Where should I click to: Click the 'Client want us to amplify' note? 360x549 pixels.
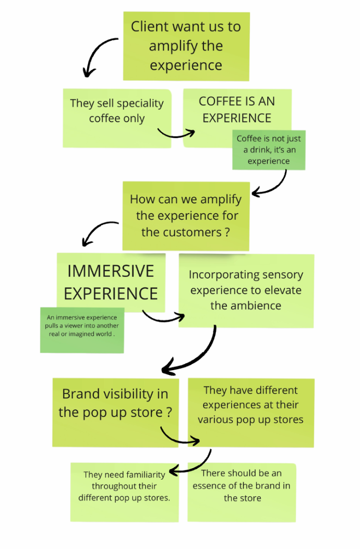(x=186, y=46)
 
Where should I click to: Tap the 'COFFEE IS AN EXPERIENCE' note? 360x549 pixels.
(x=237, y=109)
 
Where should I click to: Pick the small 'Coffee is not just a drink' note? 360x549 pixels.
(x=269, y=150)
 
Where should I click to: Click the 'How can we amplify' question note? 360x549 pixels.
(x=185, y=215)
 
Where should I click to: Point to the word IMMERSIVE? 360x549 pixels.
(x=111, y=271)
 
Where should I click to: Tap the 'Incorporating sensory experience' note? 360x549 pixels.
(x=246, y=290)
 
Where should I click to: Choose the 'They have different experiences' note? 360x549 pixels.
(x=250, y=412)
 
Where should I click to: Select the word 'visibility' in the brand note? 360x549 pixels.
(x=130, y=394)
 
